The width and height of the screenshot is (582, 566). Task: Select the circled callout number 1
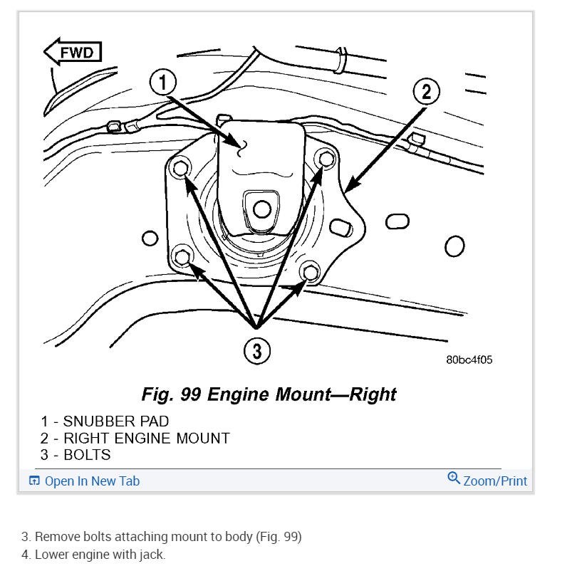pyautogui.click(x=163, y=84)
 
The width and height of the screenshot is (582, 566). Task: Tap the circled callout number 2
pyautogui.click(x=426, y=92)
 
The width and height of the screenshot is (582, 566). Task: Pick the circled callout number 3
pyautogui.click(x=257, y=350)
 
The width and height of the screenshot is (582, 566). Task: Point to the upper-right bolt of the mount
pyautogui.click(x=326, y=159)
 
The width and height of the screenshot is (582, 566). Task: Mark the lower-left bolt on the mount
pyautogui.click(x=182, y=256)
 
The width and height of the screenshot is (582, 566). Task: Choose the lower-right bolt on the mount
pyautogui.click(x=311, y=271)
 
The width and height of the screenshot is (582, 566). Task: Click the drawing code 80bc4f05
pyautogui.click(x=469, y=360)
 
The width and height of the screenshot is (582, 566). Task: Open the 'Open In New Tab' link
pyautogui.click(x=92, y=481)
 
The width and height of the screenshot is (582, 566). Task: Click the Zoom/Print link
pyautogui.click(x=495, y=481)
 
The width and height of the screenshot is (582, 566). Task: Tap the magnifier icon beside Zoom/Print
pyautogui.click(x=454, y=478)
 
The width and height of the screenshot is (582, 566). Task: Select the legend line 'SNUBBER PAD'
pyautogui.click(x=105, y=421)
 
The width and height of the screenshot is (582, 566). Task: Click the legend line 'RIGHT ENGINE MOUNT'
pyautogui.click(x=135, y=438)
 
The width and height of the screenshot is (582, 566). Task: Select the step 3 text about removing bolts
pyautogui.click(x=162, y=536)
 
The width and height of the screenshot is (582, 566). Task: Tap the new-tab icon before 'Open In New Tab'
pyautogui.click(x=34, y=481)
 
